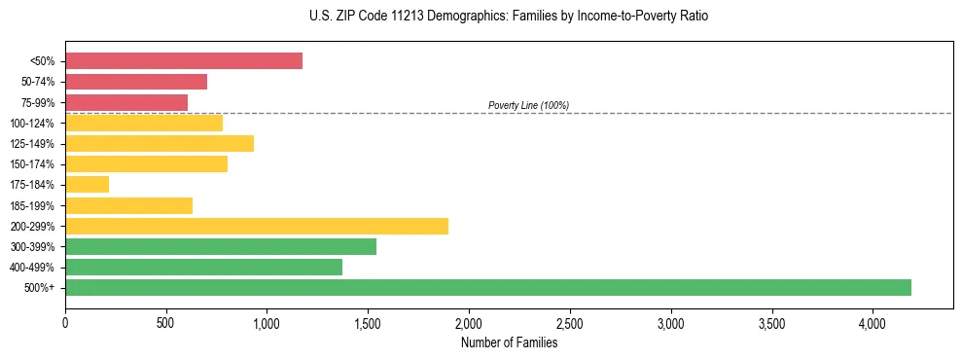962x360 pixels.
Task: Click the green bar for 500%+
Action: (x=487, y=287)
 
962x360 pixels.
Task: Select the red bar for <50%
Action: (x=184, y=60)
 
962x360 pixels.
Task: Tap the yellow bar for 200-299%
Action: (x=257, y=226)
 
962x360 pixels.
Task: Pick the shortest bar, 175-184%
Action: (x=87, y=184)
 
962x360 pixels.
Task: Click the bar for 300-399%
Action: (x=221, y=246)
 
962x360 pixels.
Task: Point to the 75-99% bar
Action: (x=126, y=102)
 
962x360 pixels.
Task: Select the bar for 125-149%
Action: (x=160, y=143)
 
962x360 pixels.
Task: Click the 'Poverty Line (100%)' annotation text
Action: (x=528, y=105)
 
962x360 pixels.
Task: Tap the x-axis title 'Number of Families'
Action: (x=509, y=342)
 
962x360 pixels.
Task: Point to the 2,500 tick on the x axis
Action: (x=570, y=322)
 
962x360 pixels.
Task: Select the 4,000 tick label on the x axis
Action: (x=873, y=322)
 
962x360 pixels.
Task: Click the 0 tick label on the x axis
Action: (x=65, y=322)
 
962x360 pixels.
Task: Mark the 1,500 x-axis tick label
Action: (x=368, y=322)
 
